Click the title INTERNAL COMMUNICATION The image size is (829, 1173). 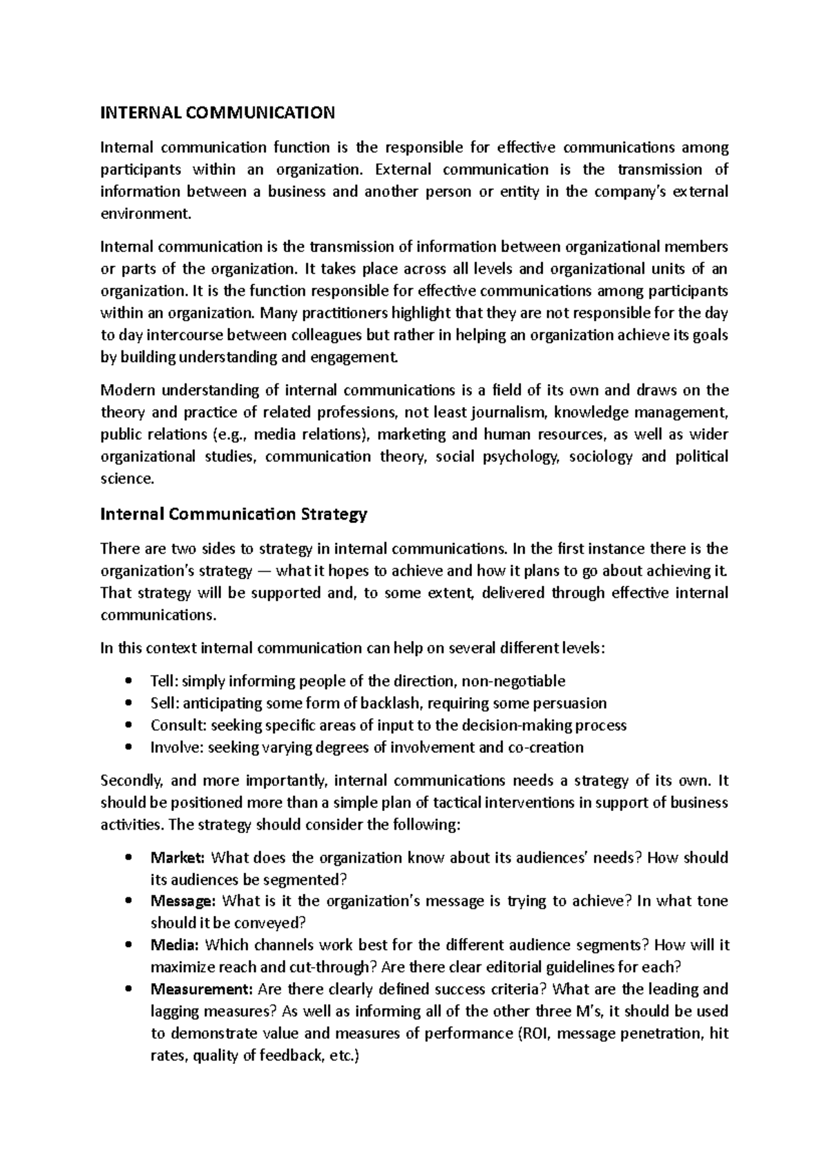tap(218, 113)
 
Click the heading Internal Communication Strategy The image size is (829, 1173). tap(234, 515)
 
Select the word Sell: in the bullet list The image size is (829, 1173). tap(164, 703)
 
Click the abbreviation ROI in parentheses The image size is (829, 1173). tap(534, 1033)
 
